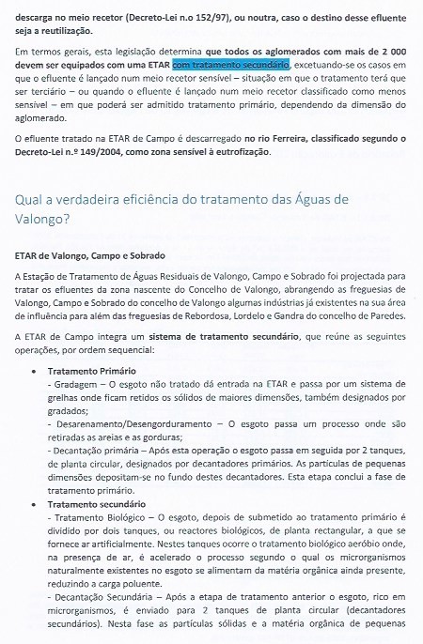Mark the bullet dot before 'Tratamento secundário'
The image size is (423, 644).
pos(35,504)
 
